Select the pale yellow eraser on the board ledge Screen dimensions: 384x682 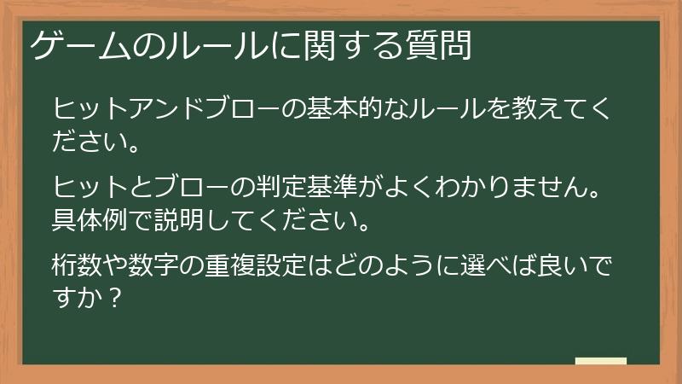tap(600, 361)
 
